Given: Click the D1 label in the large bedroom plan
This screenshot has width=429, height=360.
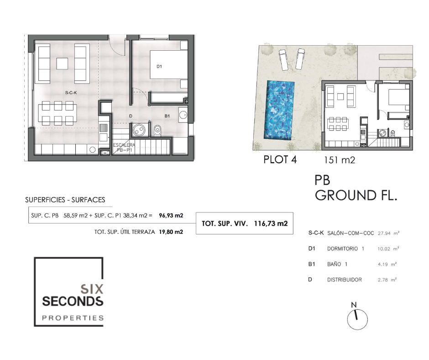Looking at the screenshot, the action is [x=159, y=66].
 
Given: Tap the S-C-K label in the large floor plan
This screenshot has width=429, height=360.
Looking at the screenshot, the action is [x=71, y=93].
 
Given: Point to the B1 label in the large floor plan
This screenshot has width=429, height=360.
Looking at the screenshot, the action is [x=167, y=116].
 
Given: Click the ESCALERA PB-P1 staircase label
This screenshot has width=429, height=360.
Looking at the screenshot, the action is [x=124, y=148].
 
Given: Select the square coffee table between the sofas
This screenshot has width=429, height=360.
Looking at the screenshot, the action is [x=62, y=64].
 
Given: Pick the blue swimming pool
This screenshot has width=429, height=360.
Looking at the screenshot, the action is [x=279, y=110].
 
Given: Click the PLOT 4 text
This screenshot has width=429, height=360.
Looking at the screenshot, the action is [x=280, y=159].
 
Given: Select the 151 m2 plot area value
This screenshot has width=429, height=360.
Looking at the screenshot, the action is [x=340, y=160].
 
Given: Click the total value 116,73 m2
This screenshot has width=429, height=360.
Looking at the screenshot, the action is [x=271, y=223].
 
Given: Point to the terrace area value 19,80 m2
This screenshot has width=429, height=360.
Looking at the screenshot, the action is [x=171, y=232].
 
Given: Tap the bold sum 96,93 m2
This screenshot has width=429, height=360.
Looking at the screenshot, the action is [x=171, y=215].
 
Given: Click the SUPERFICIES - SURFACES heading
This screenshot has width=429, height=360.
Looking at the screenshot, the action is [x=65, y=200].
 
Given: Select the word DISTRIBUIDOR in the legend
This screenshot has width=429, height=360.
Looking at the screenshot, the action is [x=345, y=280].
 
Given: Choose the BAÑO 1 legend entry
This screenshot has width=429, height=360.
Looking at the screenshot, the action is [x=337, y=264].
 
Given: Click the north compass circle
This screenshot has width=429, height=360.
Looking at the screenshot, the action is [x=357, y=319].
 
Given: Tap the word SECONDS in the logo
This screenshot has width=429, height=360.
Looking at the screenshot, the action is [x=73, y=302].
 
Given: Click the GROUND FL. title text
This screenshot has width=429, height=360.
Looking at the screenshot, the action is [x=356, y=196].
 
